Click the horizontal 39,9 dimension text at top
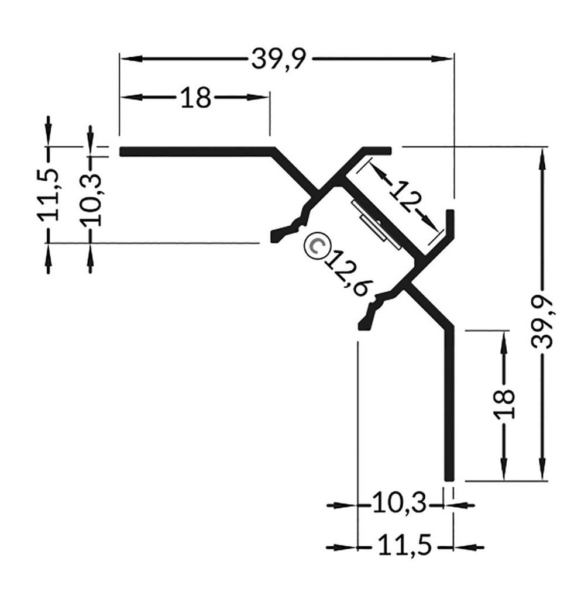(279, 59)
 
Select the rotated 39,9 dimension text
(543, 318)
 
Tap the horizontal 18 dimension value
(195, 98)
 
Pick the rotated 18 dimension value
(504, 403)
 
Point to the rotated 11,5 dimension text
(50, 195)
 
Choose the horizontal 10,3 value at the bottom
(397, 504)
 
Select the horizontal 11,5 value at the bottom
(404, 547)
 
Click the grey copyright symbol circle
(315, 245)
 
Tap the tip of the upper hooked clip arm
(274, 236)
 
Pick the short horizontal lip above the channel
(377, 150)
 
